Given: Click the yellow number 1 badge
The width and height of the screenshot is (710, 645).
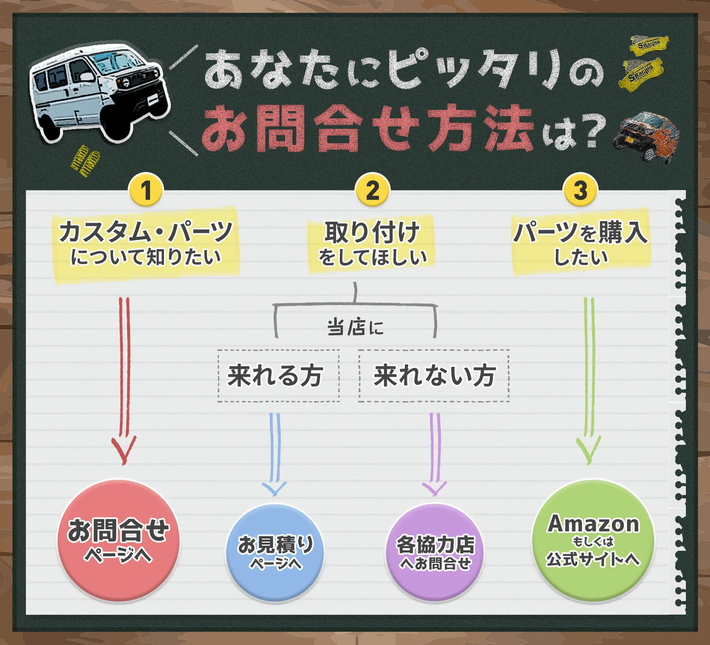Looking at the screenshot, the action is [146, 190].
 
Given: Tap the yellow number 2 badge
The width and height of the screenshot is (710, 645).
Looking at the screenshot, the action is [372, 190].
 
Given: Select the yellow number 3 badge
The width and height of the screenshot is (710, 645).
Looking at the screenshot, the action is [580, 190].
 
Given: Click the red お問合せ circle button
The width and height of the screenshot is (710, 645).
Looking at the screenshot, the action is [118, 540].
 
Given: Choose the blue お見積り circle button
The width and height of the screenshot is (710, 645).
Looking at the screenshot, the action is [275, 553].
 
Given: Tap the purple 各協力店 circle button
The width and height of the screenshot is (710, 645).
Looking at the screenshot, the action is [435, 553].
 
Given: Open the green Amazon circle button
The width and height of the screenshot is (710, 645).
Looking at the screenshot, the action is [593, 540].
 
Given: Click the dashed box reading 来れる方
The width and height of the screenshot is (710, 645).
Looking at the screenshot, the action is [278, 376].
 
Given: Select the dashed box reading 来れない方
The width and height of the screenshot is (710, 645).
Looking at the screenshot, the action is [434, 376].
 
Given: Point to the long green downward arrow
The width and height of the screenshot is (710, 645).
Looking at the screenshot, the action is [589, 381].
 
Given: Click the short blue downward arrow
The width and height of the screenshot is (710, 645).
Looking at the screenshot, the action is [274, 454].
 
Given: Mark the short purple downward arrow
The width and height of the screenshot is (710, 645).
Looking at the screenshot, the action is [435, 454].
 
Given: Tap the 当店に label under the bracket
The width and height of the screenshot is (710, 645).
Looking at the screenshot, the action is [355, 327].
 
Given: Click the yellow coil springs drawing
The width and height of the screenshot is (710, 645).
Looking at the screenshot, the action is [85, 161].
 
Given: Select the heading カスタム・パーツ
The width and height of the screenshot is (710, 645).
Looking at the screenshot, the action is [146, 232].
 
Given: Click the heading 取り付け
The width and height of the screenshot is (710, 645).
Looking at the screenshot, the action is [372, 232].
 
